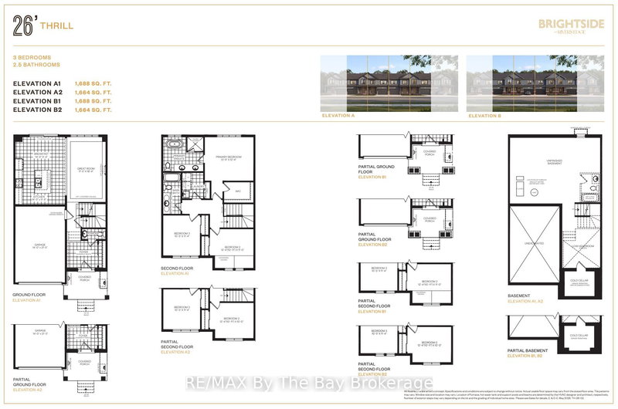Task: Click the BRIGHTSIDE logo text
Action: coord(561,24)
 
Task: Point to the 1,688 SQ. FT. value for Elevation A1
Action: coord(93,81)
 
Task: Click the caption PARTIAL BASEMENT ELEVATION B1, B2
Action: coord(532,353)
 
